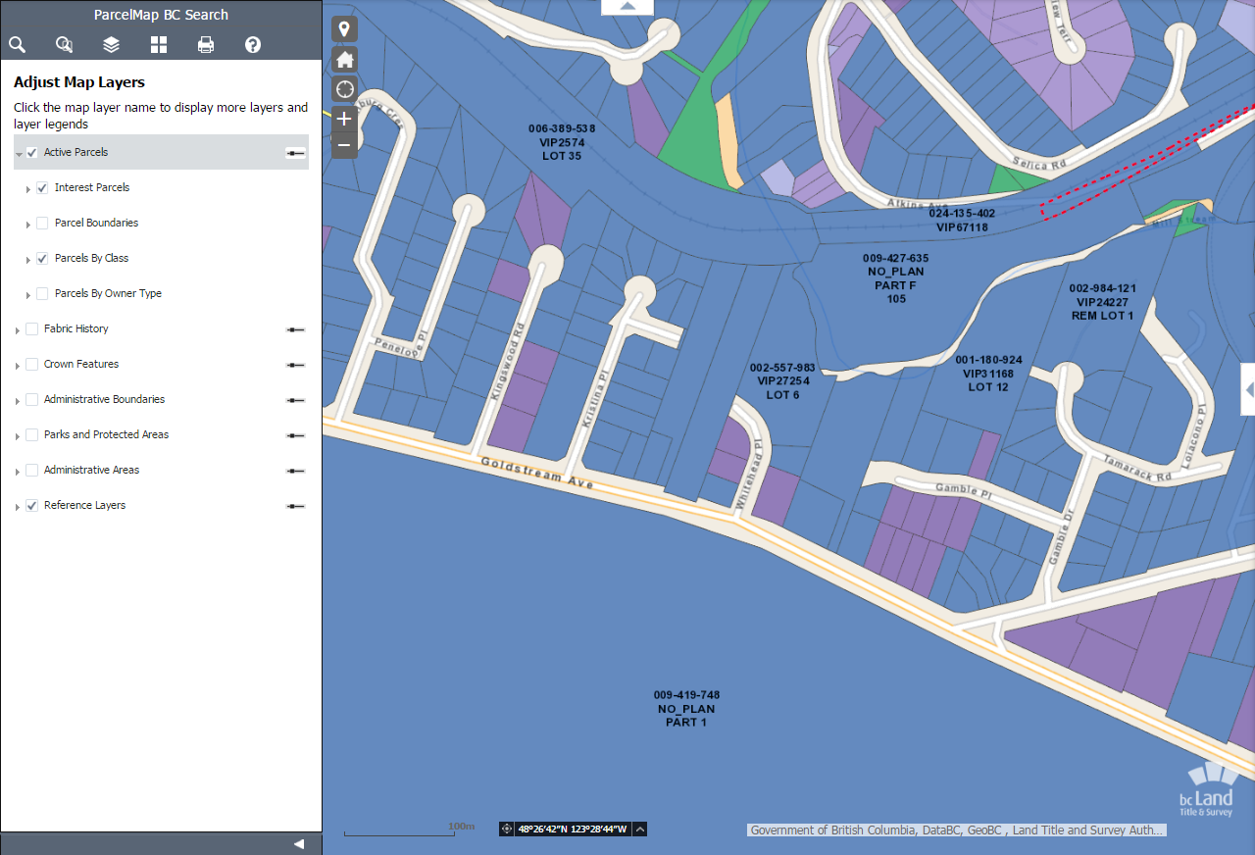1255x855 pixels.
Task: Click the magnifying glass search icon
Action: pyautogui.click(x=17, y=44)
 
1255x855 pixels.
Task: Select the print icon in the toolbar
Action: pyautogui.click(x=206, y=44)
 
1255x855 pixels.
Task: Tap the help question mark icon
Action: pyautogui.click(x=253, y=44)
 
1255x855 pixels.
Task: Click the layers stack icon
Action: pyautogui.click(x=111, y=44)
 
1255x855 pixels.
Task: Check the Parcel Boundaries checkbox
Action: pyautogui.click(x=42, y=224)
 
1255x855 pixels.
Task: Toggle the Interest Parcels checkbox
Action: pyautogui.click(x=42, y=188)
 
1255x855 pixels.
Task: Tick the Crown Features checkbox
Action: pyautogui.click(x=32, y=365)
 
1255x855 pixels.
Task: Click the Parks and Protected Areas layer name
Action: pyautogui.click(x=106, y=434)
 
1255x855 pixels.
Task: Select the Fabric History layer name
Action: pyautogui.click(x=76, y=328)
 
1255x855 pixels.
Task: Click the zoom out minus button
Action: pyautogui.click(x=344, y=145)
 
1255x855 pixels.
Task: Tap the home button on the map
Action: pyautogui.click(x=344, y=60)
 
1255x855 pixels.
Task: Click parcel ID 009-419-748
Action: pyautogui.click(x=686, y=695)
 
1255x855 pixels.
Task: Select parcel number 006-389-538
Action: pyautogui.click(x=562, y=128)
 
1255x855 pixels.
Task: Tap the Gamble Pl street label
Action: pyautogui.click(x=964, y=492)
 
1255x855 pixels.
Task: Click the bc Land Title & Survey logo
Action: pyautogui.click(x=1206, y=789)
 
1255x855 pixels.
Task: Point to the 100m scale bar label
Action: pyautogui.click(x=461, y=827)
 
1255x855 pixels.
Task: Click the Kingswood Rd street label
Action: pyautogui.click(x=507, y=361)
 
